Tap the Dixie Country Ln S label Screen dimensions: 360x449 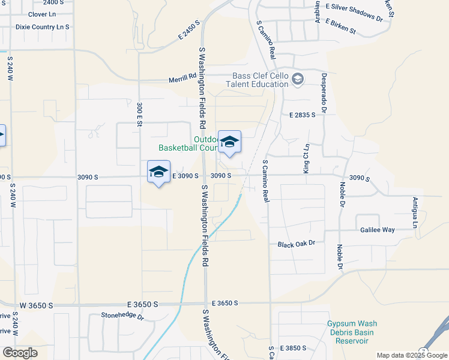[43, 27]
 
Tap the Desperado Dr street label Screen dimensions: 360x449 [324, 93]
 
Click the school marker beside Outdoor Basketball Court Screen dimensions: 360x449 [229, 142]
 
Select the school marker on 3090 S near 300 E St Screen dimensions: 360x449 [158, 172]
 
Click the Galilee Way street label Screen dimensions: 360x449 [377, 230]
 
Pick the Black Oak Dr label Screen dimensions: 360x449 [296, 244]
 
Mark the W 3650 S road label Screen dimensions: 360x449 [37, 305]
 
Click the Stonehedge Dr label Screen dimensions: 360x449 [122, 314]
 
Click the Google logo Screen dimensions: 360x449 [20, 353]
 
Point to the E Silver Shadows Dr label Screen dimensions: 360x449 [354, 12]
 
